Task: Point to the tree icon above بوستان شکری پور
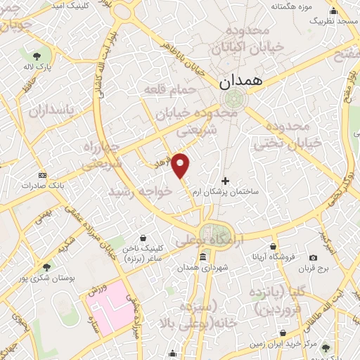[46, 266]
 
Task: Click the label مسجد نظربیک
[337, 22]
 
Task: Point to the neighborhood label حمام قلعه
[163, 89]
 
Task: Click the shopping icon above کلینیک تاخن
[143, 238]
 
